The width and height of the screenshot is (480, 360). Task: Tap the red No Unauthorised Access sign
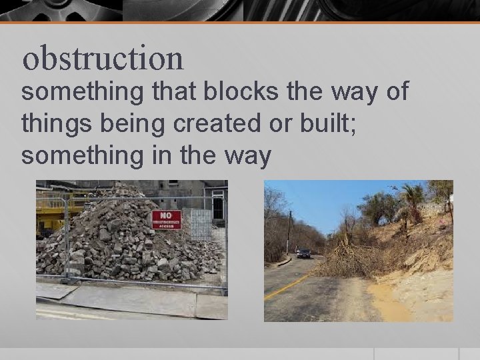pyautogui.click(x=166, y=219)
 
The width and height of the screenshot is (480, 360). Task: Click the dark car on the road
pyautogui.click(x=303, y=253)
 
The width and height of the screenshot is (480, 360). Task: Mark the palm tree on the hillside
pyautogui.click(x=411, y=197)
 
